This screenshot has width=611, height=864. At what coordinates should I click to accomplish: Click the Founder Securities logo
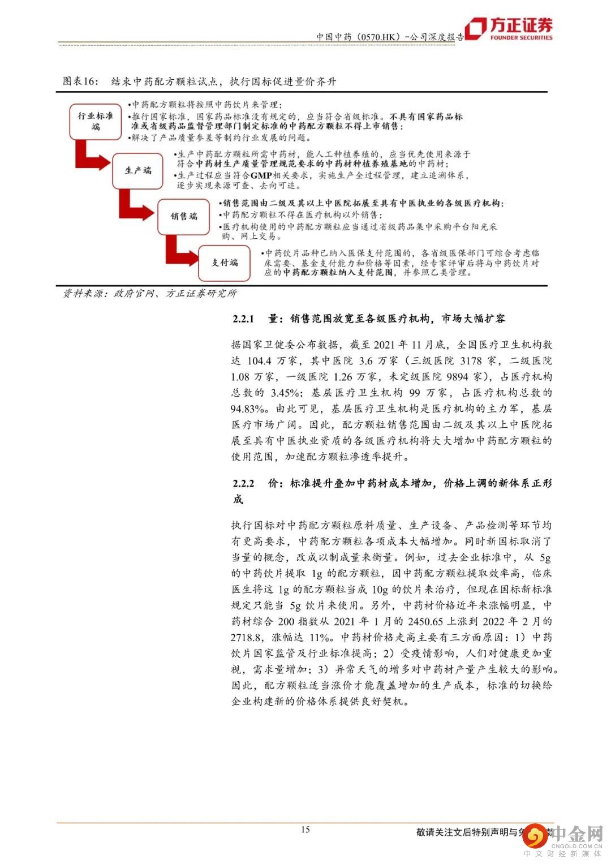[x=509, y=29]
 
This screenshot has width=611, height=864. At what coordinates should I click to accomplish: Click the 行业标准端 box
[x=96, y=121]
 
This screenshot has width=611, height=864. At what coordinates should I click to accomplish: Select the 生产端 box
[x=138, y=170]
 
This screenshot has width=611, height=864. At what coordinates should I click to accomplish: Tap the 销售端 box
[x=184, y=216]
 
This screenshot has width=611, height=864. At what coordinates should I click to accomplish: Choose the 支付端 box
[x=225, y=263]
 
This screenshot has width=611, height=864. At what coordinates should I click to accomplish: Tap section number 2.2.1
[x=244, y=319]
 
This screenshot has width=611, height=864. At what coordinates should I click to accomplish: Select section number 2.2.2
[x=244, y=483]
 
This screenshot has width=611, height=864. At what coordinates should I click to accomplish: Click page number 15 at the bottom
[x=305, y=829]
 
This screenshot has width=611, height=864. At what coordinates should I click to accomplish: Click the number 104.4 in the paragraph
[x=261, y=360]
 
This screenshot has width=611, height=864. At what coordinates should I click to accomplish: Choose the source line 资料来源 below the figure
[x=149, y=294]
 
